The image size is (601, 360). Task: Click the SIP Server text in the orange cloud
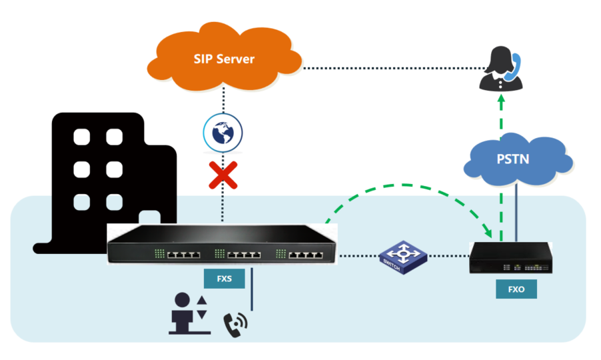pyautogui.click(x=224, y=59)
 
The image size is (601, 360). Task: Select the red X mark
pyautogui.click(x=224, y=175)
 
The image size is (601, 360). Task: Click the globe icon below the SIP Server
pyautogui.click(x=223, y=131)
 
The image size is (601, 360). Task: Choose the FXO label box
pyautogui.click(x=516, y=289)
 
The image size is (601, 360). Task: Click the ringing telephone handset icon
pyautogui.click(x=235, y=324)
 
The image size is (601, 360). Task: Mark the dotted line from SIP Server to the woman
pyautogui.click(x=393, y=67)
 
